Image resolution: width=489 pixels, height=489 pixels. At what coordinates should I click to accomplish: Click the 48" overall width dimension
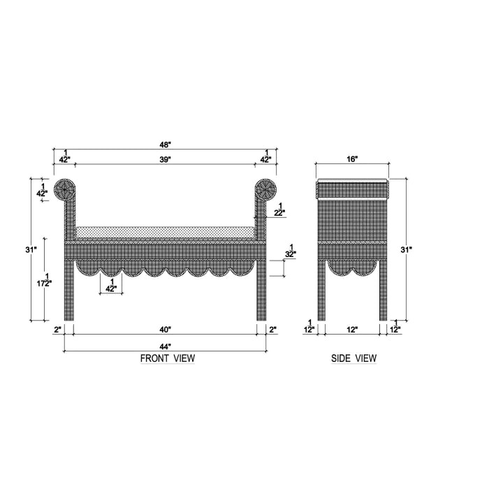coord(166,145)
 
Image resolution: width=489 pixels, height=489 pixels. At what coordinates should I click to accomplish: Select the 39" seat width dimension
coord(166,159)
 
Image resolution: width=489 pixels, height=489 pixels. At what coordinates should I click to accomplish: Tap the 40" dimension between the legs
coord(166,329)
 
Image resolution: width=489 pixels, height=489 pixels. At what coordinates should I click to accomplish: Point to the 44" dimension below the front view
coord(166,346)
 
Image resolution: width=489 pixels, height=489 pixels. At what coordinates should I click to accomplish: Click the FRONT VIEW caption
coord(168,358)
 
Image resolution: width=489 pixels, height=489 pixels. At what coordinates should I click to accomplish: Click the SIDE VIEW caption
coord(353,358)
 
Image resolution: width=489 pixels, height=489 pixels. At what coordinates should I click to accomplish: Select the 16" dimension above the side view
coord(352,159)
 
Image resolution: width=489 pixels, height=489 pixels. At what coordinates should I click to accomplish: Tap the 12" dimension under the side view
coord(352,329)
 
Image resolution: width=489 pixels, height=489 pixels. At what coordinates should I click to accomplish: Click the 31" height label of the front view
coord(31,249)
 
